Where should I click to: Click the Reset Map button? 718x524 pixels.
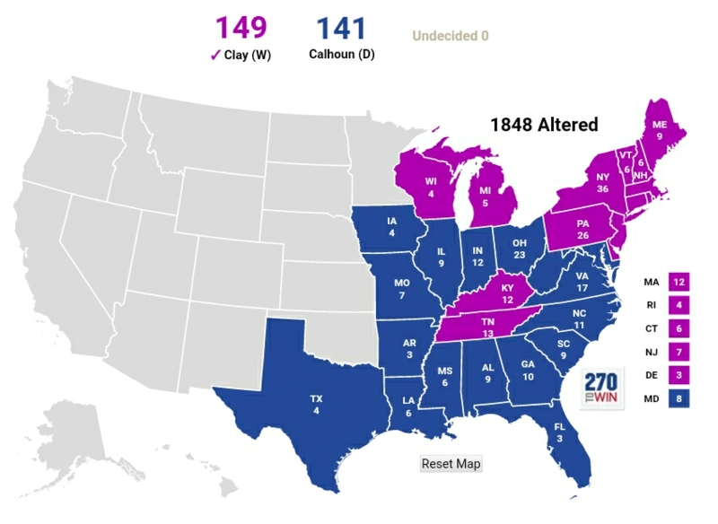(x=451, y=464)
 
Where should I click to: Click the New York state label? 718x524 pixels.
(x=603, y=183)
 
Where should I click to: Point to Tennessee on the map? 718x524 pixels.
(x=488, y=327)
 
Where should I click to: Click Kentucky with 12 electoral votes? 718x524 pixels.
(x=506, y=293)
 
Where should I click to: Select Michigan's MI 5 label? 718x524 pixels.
(x=486, y=196)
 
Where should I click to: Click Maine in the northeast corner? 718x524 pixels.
(x=659, y=131)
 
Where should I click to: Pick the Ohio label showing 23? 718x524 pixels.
(x=519, y=248)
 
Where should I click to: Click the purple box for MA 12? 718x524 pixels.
(x=679, y=282)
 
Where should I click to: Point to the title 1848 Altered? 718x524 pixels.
(x=543, y=126)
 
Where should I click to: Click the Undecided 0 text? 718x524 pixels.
(x=450, y=37)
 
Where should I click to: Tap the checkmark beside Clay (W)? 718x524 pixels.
(x=215, y=55)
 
